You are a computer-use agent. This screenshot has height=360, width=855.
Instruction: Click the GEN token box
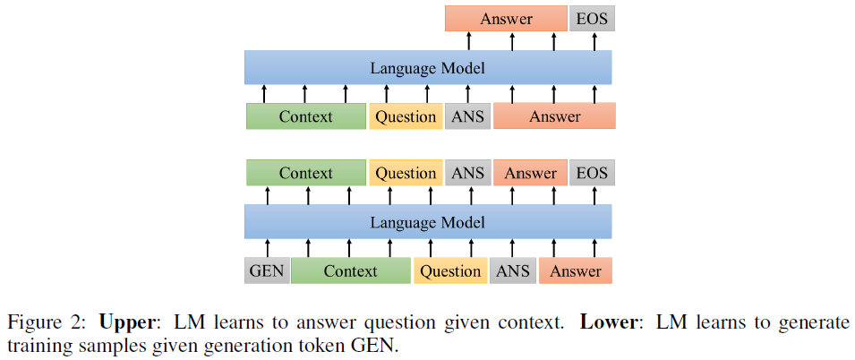click(x=267, y=271)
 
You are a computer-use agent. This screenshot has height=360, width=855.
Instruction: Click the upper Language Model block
click(x=428, y=68)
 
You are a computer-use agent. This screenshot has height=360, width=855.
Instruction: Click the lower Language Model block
click(x=428, y=222)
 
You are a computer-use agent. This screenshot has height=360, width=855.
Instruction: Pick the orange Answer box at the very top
click(x=506, y=19)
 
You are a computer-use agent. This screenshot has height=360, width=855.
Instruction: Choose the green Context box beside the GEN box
click(x=351, y=271)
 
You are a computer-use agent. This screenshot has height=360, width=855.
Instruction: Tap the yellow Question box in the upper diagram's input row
click(x=406, y=116)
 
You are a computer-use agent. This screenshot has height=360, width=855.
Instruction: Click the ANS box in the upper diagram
click(x=467, y=116)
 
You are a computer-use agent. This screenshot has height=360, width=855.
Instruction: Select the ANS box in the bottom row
click(x=513, y=271)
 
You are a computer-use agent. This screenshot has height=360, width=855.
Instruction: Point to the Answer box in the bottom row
click(x=576, y=271)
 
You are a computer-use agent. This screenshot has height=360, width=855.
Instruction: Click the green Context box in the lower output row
click(x=305, y=174)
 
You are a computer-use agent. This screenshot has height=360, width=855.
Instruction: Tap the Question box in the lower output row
click(x=406, y=174)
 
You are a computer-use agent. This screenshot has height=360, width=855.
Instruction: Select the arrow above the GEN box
click(x=267, y=248)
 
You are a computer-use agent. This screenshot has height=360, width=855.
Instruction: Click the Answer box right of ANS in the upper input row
click(x=554, y=116)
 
